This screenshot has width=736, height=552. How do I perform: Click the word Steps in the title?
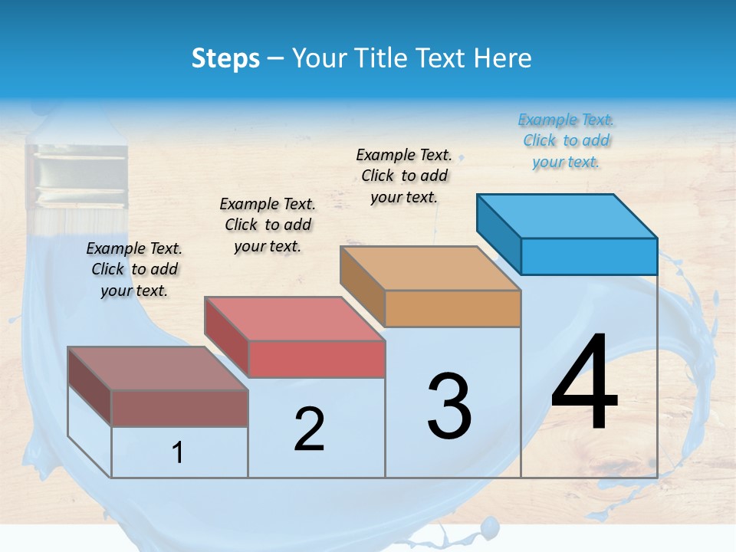click(225, 58)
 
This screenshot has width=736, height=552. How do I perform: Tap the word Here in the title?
click(503, 58)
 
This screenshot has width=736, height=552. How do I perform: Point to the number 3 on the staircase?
click(449, 406)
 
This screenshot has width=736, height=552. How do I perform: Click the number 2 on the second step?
click(309, 429)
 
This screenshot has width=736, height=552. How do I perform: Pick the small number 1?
click(178, 453)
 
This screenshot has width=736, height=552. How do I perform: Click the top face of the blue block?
click(567, 216)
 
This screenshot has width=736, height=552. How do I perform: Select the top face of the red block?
click(294, 319)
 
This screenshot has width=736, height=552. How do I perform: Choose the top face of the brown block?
click(158, 369)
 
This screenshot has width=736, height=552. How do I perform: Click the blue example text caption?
click(567, 140)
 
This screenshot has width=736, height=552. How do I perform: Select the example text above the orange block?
click(404, 176)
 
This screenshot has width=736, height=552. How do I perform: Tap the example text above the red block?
click(268, 225)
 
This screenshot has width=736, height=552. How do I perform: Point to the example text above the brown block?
click(134, 269)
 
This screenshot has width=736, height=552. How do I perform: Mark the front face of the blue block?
click(589, 256)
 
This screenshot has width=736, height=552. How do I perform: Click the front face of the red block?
click(317, 359)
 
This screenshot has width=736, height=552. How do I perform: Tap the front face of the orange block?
click(452, 308)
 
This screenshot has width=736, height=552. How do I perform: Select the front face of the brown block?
click(179, 408)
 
